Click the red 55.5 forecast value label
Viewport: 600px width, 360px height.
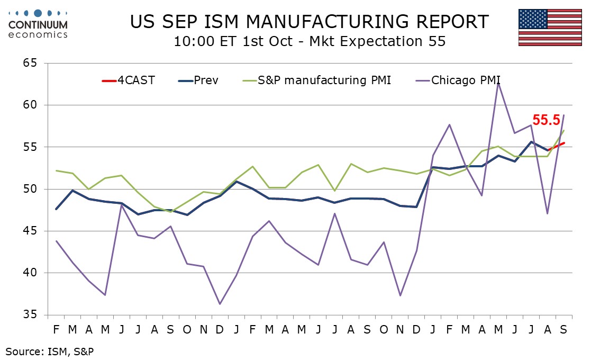[x=546, y=120]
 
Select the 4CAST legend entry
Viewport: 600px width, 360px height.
[x=129, y=80]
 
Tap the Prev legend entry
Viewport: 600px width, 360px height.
[x=198, y=80]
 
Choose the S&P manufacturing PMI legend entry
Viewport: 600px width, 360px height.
[x=317, y=80]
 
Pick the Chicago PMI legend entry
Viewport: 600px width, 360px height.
[x=458, y=80]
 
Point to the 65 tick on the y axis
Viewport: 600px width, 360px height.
[x=30, y=63]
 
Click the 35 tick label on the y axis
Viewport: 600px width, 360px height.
[x=30, y=315]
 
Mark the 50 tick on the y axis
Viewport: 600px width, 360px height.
[x=30, y=189]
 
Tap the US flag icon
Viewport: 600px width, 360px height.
[x=550, y=27]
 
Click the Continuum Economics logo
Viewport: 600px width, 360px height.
[x=38, y=24]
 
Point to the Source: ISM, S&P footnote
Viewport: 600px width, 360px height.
[x=49, y=352]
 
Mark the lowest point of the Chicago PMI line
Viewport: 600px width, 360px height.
[x=220, y=304]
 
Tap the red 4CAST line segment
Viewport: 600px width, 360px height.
[x=556, y=147]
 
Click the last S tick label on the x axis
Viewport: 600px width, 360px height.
[x=563, y=329]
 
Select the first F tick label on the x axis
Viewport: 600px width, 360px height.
[x=56, y=329]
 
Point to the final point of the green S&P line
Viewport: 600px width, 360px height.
[x=563, y=131]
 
